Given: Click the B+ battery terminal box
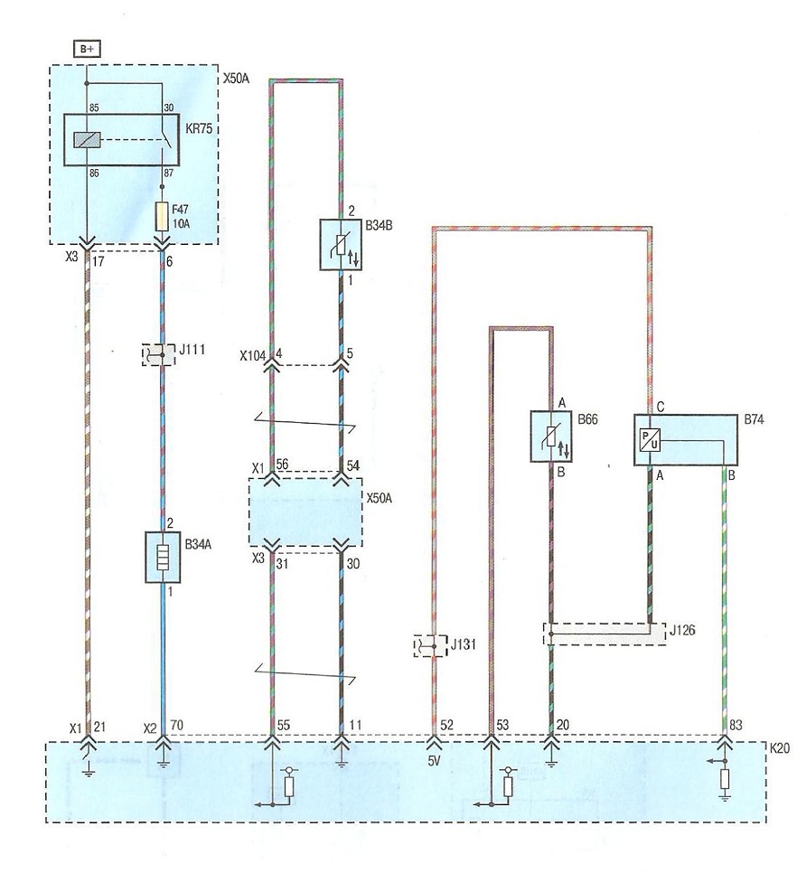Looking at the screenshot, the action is [87, 50].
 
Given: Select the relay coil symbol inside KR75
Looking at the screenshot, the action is [87, 139].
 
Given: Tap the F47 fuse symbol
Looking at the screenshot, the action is [162, 217].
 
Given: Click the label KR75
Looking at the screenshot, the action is [199, 128].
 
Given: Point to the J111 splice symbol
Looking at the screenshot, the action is [159, 354].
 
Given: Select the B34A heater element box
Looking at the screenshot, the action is [163, 558].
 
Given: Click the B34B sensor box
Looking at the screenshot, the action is [341, 244].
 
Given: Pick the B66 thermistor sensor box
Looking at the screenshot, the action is [550, 436].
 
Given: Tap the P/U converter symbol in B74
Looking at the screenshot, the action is [650, 440].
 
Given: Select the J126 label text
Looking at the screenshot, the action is [682, 631].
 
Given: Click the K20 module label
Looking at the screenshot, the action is [779, 748].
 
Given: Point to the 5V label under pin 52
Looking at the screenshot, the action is [434, 761].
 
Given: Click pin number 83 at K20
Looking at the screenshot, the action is [736, 725].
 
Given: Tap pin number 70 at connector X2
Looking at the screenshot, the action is [176, 725].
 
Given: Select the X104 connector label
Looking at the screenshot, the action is [253, 356].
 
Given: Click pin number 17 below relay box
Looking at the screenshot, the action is [98, 260].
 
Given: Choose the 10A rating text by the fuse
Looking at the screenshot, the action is [181, 223].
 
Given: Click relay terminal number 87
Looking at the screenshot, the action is [169, 174].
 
